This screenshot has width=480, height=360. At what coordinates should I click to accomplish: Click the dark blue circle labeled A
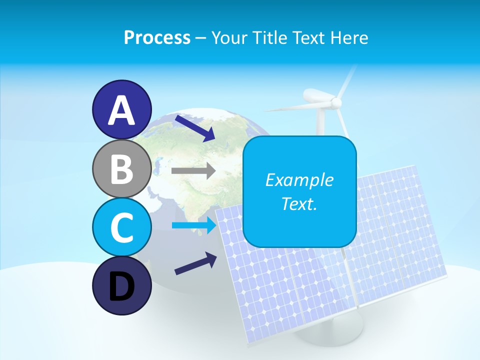121,109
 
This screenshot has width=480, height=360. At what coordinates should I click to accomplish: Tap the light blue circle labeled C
121,227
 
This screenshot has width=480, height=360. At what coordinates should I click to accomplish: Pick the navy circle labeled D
121,285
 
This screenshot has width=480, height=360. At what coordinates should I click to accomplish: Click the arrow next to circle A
194,127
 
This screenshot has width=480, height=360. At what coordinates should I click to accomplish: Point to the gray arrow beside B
193,171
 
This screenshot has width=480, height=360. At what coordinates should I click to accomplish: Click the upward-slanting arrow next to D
195,263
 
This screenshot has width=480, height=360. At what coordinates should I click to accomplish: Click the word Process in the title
157,38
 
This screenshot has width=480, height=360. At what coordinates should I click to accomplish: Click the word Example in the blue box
299,180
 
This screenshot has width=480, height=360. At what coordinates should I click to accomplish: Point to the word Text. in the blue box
299,203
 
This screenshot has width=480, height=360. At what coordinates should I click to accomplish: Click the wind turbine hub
336,102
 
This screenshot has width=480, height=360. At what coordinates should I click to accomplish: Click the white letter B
121,169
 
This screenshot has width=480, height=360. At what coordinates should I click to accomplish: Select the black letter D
121,286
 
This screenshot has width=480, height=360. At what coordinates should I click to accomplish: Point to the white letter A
121,110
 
